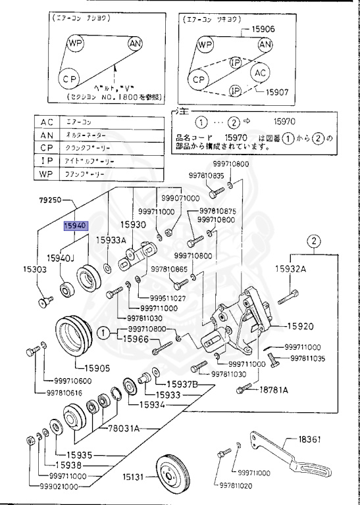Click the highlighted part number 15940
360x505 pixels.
click(x=76, y=226)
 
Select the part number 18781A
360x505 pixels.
click(x=273, y=390)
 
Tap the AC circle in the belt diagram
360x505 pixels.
click(x=261, y=72)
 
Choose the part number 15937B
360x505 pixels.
click(x=180, y=384)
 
